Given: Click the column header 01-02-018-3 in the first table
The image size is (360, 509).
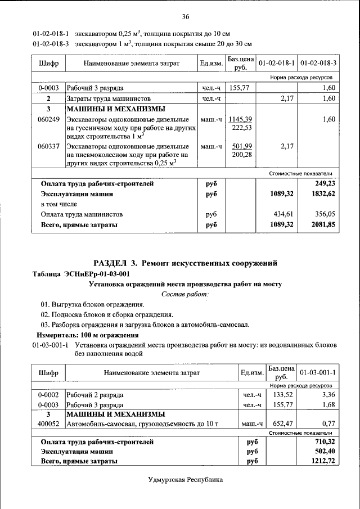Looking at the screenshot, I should [318, 63].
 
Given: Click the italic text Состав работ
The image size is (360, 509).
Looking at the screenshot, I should [185, 294].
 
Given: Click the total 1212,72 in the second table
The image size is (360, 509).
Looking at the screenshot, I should [323, 461].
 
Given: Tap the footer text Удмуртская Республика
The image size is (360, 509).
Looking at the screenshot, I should [185, 480].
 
